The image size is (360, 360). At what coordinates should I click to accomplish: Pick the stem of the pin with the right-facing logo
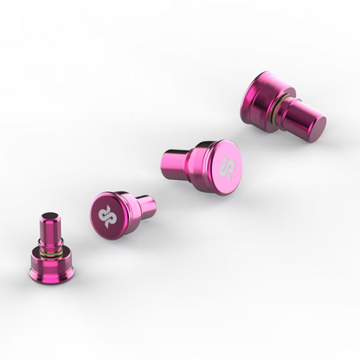pyautogui.click(x=176, y=164)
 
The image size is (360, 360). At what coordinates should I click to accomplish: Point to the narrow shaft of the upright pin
pyautogui.click(x=51, y=229)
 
